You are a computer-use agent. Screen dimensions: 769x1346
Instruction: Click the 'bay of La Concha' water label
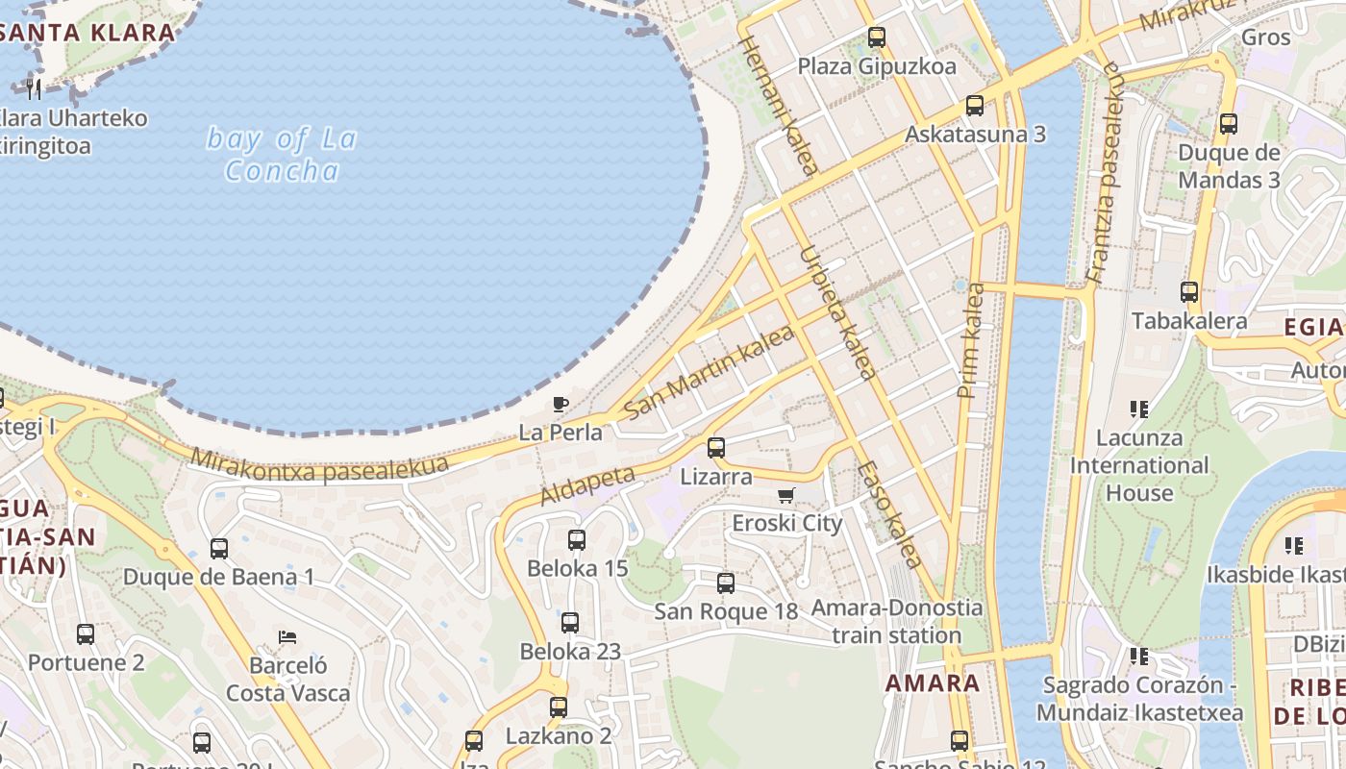click(282, 154)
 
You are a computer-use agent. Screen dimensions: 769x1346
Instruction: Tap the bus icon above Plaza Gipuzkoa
click(876, 37)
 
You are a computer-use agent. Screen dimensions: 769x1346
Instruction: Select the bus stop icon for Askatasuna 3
click(974, 105)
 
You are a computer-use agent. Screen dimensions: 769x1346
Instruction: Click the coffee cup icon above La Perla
click(561, 404)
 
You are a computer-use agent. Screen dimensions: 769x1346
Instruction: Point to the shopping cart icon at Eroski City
click(786, 495)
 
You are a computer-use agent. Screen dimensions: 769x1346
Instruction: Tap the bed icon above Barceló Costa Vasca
click(287, 636)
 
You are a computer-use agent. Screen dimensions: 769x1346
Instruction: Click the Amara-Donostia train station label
click(897, 621)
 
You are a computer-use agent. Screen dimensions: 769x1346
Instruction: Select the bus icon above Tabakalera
click(1189, 291)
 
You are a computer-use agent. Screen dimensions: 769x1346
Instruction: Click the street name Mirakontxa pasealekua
click(319, 463)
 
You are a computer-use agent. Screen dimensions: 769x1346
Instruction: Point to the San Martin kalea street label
click(710, 371)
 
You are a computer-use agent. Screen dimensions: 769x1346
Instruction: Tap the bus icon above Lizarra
click(715, 447)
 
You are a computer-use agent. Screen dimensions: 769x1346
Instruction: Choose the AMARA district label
click(933, 683)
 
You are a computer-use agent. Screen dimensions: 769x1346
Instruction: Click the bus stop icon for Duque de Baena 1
click(219, 549)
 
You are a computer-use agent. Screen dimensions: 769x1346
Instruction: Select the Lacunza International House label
click(1139, 465)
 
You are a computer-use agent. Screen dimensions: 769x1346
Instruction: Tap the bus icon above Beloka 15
click(577, 539)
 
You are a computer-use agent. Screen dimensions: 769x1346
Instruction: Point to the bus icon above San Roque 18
click(726, 583)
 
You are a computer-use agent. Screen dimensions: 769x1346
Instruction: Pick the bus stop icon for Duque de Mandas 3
click(1228, 124)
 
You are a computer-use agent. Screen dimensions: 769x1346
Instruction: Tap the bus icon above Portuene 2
click(86, 633)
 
